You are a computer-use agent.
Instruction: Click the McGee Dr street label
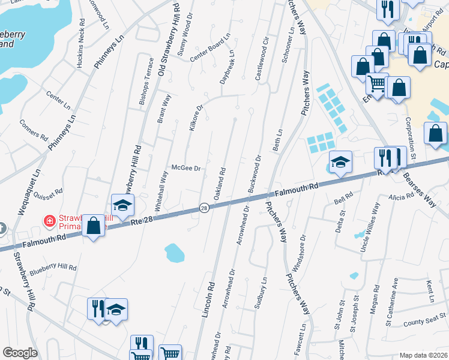click(x=185, y=169)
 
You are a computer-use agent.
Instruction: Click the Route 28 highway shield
click(x=204, y=208)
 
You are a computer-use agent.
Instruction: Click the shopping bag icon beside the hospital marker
click(x=93, y=226)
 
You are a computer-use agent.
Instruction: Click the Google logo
click(x=20, y=353)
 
